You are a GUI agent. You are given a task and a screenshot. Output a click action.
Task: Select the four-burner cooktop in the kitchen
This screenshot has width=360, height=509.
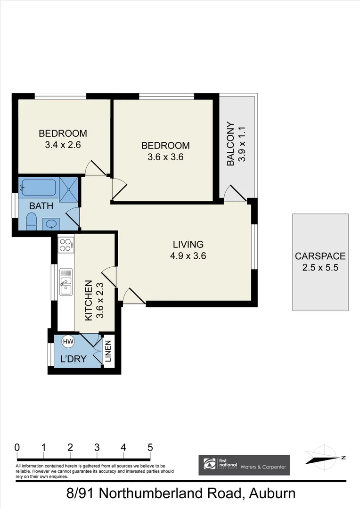coord(65,245)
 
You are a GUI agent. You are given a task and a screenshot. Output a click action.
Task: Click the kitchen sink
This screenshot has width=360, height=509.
coord(66,282)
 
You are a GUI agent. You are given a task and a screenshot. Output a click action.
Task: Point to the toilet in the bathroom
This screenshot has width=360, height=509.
coord(31,221)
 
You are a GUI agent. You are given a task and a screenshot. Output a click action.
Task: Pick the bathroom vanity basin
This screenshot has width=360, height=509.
coord(51,223)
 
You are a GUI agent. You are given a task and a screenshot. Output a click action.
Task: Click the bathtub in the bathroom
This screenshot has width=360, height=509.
coord(39,187)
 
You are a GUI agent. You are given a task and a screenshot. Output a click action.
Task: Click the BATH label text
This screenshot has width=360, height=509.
coord(41,206)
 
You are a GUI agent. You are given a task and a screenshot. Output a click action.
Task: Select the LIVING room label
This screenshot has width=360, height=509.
coord(188,244)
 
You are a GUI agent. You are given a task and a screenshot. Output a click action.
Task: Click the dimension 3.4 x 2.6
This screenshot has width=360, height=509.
coord(63,145)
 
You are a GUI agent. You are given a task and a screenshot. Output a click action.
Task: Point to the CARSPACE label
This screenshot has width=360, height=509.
coord(320,256)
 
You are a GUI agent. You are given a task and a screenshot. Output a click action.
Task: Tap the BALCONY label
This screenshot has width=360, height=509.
coord(230,144)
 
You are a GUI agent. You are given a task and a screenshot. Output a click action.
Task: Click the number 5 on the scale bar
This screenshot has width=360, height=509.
coord(150,447)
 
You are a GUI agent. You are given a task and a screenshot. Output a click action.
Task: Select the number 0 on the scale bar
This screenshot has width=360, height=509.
coord(17,447)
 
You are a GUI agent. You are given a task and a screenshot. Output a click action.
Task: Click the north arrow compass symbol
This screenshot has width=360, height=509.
coord(325,457)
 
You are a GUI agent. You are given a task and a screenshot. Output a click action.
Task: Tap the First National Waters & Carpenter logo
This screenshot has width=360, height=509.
coord(244,465)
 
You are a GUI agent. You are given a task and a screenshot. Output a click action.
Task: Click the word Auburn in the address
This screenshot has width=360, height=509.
coord(270,493)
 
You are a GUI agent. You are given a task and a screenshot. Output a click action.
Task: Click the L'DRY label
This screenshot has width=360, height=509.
coord(73,359)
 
